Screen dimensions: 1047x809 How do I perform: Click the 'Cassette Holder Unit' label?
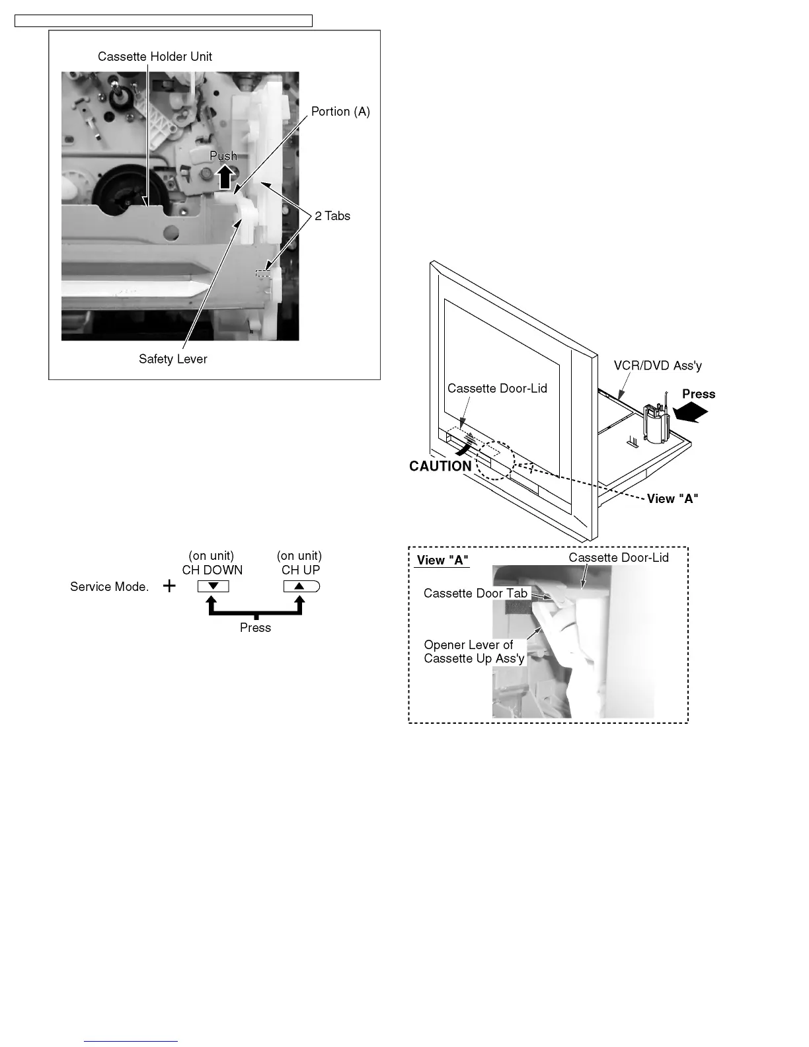pyautogui.click(x=155, y=57)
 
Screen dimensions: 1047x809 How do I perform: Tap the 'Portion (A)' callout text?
pyautogui.click(x=340, y=112)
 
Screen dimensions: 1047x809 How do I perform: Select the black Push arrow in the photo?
pyautogui.click(x=225, y=176)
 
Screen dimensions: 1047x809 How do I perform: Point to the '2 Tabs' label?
pyautogui.click(x=332, y=216)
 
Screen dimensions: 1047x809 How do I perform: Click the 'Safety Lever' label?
pyautogui.click(x=173, y=360)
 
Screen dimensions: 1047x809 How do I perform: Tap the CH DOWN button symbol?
pyautogui.click(x=213, y=586)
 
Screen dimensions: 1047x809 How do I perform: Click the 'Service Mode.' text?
pyautogui.click(x=110, y=587)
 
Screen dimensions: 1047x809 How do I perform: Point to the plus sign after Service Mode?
pyautogui.click(x=169, y=586)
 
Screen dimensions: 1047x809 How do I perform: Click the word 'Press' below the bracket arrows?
pyautogui.click(x=255, y=628)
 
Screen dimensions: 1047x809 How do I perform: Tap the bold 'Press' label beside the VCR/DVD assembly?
pyautogui.click(x=699, y=395)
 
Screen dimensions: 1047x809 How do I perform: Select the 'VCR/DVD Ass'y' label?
pyautogui.click(x=658, y=366)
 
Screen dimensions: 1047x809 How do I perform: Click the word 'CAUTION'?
pyautogui.click(x=440, y=467)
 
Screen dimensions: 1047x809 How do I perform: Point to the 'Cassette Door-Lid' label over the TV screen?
pyautogui.click(x=497, y=389)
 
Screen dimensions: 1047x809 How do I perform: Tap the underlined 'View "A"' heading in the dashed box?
pyautogui.click(x=442, y=561)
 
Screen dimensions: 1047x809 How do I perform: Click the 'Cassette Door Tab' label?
pyautogui.click(x=475, y=594)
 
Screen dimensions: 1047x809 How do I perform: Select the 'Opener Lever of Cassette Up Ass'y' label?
pyautogui.click(x=474, y=652)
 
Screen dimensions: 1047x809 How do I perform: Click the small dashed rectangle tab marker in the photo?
pyautogui.click(x=263, y=273)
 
